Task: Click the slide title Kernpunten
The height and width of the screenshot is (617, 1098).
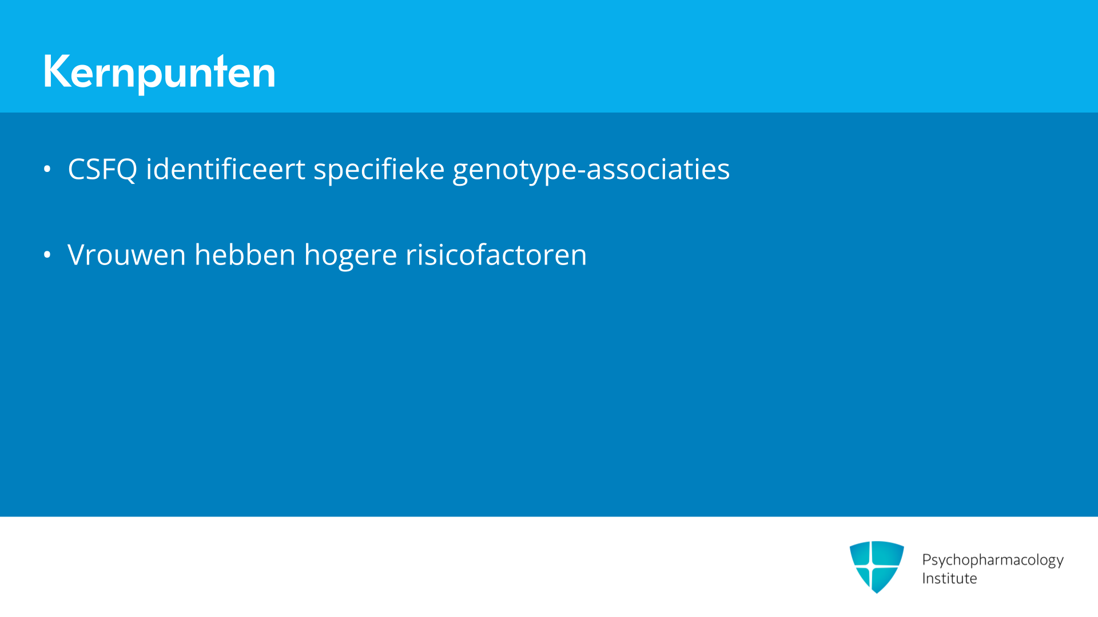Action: pyautogui.click(x=159, y=73)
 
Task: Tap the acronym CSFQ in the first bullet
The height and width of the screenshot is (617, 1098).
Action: pyautogui.click(x=102, y=170)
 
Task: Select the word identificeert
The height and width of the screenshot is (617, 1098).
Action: pyautogui.click(x=225, y=169)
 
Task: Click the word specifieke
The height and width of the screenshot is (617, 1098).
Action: pyautogui.click(x=379, y=170)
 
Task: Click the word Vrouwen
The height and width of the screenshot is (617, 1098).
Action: pyautogui.click(x=126, y=255)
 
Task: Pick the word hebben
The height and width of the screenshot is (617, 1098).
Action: pyautogui.click(x=245, y=254)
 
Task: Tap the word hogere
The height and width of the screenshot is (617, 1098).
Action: pyautogui.click(x=351, y=255)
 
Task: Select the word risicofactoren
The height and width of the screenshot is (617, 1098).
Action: pyautogui.click(x=496, y=254)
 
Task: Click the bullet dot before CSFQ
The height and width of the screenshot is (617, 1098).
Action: pyautogui.click(x=47, y=169)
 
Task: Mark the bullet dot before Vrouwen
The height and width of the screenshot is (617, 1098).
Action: pyautogui.click(x=47, y=255)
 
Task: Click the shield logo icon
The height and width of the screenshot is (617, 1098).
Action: pyautogui.click(x=877, y=567)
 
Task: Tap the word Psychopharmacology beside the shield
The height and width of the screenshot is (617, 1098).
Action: pyautogui.click(x=993, y=560)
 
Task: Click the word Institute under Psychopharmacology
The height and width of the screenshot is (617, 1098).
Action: pyautogui.click(x=949, y=579)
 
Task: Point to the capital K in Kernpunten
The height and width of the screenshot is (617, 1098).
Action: pyautogui.click(x=57, y=71)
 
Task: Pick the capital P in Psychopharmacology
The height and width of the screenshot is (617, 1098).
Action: pyautogui.click(x=927, y=559)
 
